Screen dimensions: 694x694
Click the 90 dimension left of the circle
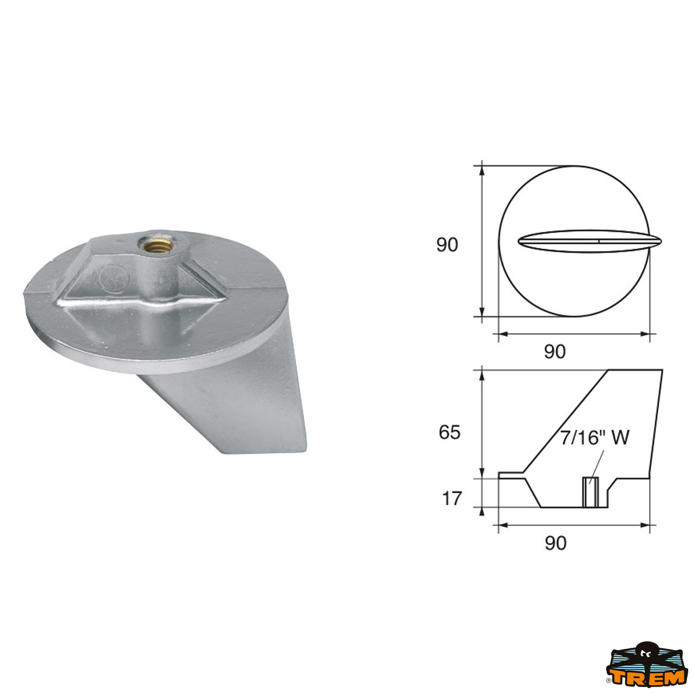point(447,245)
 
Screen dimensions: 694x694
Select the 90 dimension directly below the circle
point(555,351)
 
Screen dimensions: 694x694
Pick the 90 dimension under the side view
point(555,543)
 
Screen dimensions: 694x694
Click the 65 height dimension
point(449,432)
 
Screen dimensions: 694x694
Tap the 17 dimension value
point(452,498)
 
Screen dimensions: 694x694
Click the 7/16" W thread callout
point(594,438)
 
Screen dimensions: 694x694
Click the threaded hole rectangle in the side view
point(590,492)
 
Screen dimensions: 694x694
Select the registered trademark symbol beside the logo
point(609,688)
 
